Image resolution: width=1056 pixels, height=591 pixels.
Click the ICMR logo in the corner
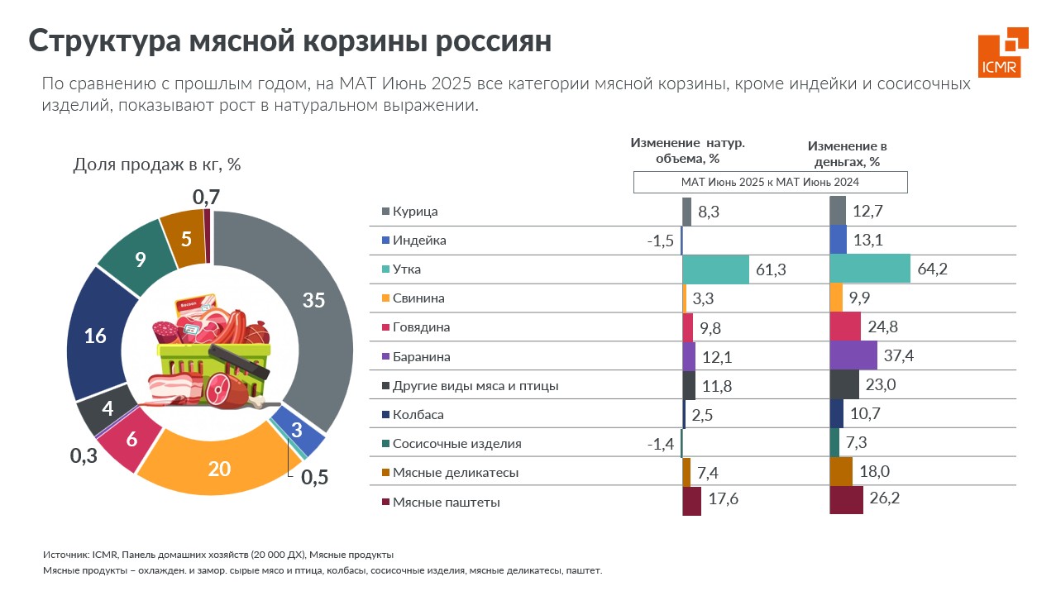(x=1003, y=52)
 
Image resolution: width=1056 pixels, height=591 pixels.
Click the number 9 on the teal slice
(x=141, y=260)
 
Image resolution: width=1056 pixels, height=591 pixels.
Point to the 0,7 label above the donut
(x=206, y=197)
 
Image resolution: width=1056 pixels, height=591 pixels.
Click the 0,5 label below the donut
(x=314, y=478)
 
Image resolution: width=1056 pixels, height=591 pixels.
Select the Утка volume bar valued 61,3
(x=715, y=269)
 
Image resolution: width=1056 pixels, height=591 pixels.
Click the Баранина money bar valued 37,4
(x=853, y=356)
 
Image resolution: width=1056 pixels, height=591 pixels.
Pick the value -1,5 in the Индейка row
(x=661, y=241)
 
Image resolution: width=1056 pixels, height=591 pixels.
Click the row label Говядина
(x=422, y=327)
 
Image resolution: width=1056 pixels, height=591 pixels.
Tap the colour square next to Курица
(x=385, y=212)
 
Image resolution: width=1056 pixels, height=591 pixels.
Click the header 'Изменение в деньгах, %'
(x=847, y=153)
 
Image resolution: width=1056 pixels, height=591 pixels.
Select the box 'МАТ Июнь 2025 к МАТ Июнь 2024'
(x=770, y=182)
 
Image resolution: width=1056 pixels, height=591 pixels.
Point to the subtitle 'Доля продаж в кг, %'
(x=157, y=164)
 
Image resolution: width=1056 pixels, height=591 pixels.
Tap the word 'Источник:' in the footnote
(x=66, y=555)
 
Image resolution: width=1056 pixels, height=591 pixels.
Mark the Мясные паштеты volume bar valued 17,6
(x=691, y=502)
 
